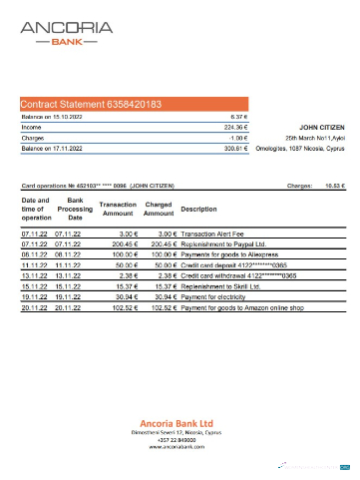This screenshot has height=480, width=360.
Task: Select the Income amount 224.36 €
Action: (235, 127)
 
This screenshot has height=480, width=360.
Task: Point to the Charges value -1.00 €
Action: (238, 138)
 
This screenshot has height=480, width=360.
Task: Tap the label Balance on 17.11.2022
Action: (52, 148)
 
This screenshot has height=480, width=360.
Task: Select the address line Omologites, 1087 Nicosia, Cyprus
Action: (299, 148)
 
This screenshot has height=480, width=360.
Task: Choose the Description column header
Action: (198, 209)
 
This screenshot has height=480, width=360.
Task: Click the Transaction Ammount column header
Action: (118, 209)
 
